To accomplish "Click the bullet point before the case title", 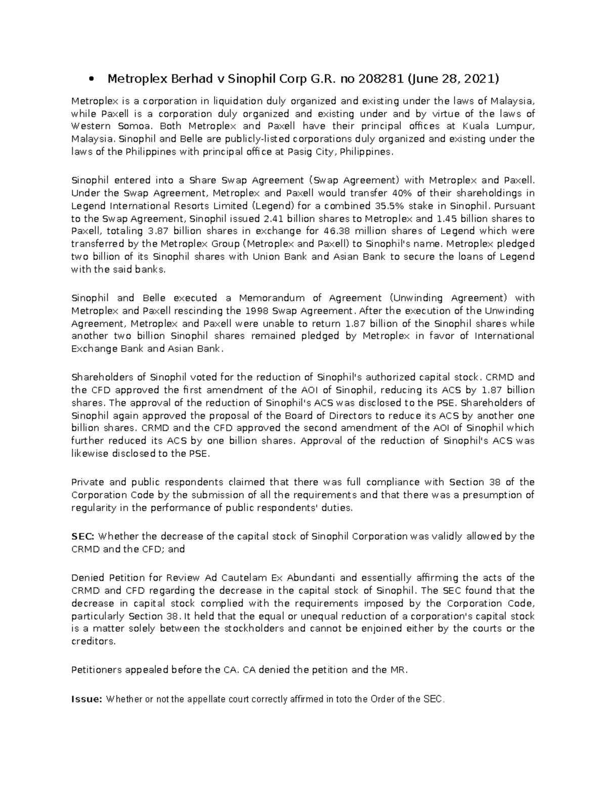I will pyautogui.click(x=91, y=79).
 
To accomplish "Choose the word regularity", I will pyautogui.click(x=93, y=507).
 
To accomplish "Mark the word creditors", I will pyautogui.click(x=94, y=641).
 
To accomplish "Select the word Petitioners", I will pyautogui.click(x=97, y=670).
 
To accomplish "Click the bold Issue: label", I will pyautogui.click(x=87, y=700).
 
